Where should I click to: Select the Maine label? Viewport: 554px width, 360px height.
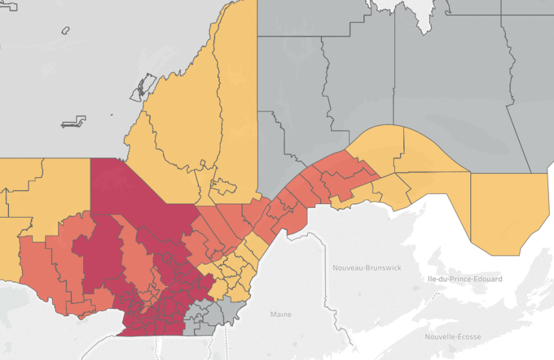click(x=280, y=314)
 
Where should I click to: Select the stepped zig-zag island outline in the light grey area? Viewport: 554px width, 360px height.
click(x=74, y=122)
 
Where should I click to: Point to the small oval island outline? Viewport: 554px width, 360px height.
click(x=65, y=30)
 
